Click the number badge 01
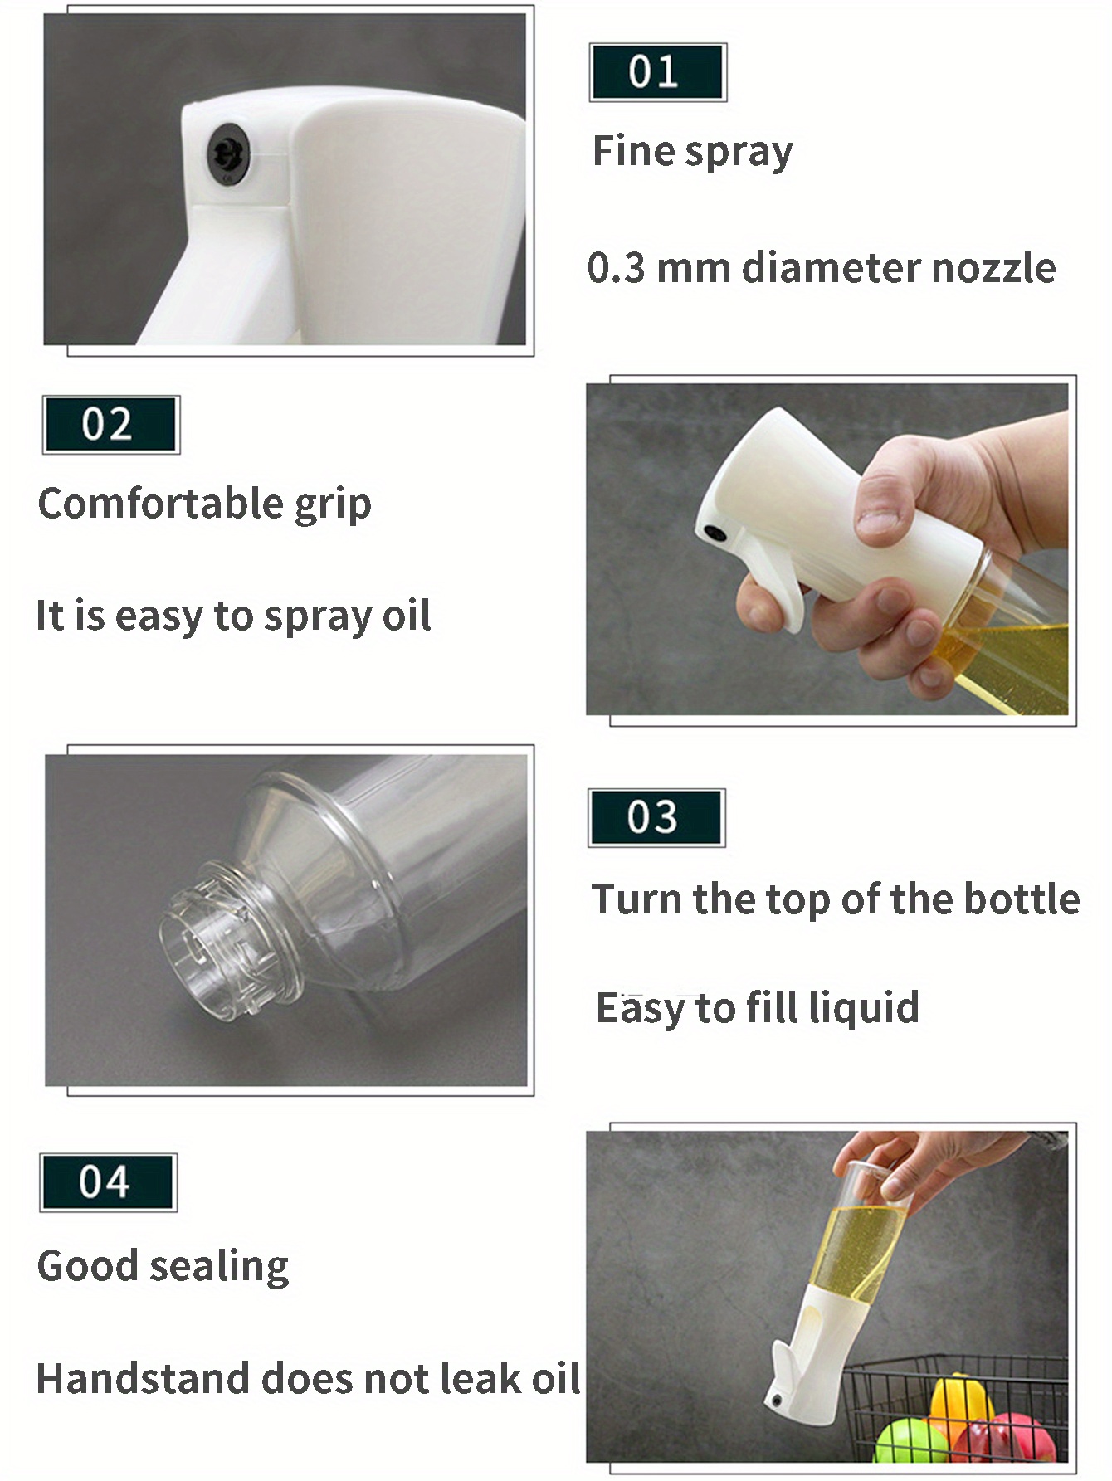click(x=656, y=72)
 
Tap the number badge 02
click(x=110, y=424)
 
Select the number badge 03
click(x=655, y=817)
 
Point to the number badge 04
click(x=107, y=1181)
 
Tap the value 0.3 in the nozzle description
click(x=616, y=268)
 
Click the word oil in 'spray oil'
click(x=406, y=616)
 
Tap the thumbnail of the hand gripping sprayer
click(x=827, y=548)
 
